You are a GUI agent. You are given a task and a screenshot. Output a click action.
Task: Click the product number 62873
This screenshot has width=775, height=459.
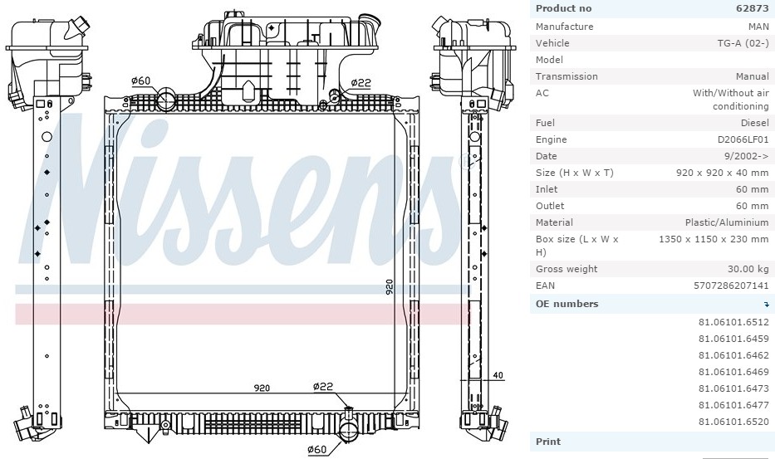753,8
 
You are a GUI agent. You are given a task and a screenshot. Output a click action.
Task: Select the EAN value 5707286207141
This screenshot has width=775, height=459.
731,286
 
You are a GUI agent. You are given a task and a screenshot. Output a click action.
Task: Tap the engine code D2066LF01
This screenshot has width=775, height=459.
743,139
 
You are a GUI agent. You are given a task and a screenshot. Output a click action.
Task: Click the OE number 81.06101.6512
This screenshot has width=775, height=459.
733,322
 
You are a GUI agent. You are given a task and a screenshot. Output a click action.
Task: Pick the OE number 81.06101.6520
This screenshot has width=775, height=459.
733,422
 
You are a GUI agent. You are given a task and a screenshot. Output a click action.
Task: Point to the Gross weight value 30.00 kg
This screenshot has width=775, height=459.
748,269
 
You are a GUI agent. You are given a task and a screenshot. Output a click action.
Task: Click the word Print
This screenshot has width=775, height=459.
548,442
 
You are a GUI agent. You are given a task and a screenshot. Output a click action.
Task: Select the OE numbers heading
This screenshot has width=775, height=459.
567,304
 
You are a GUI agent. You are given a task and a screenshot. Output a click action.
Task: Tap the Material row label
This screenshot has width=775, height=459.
554,222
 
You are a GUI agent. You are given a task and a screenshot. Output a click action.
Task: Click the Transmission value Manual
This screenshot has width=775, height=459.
753,76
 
